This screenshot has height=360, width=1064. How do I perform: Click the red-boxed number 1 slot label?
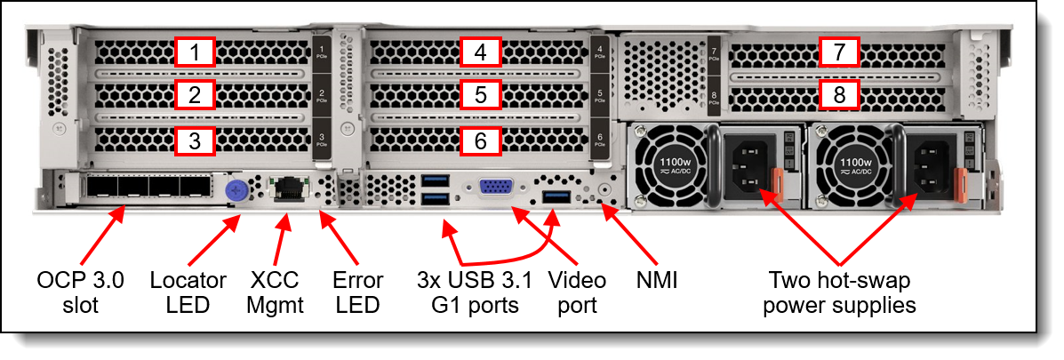coord(196,53)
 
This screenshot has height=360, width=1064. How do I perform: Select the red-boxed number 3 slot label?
coord(196,140)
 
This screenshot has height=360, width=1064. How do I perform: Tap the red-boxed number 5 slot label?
coord(481,96)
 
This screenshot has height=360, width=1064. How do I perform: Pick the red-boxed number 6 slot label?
coord(481,140)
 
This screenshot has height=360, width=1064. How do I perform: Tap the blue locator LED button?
coord(236,188)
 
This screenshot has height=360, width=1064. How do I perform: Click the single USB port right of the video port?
coord(555,195)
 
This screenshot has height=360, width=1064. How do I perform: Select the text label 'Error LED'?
coord(356,292)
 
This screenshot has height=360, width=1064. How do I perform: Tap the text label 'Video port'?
coord(577,292)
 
